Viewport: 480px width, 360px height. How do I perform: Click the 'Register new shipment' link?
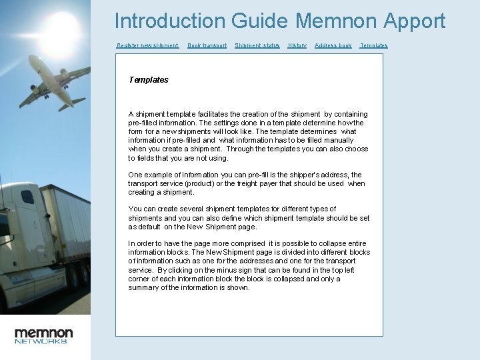pos(147,45)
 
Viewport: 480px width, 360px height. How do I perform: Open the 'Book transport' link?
pos(207,45)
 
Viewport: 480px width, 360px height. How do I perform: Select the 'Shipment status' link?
pos(257,45)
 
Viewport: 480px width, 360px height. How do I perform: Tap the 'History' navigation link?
pos(297,45)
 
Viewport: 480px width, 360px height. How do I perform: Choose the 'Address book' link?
pos(333,45)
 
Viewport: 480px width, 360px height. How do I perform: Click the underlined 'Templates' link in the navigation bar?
pos(373,45)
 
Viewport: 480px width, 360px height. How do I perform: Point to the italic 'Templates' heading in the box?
pos(148,80)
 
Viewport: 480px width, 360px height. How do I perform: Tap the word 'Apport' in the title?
pos(414,21)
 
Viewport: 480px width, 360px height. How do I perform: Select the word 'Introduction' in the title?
pos(170,21)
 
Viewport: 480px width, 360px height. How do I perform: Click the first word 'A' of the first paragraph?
pos(131,115)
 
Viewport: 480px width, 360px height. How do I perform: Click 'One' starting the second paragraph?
pos(135,175)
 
